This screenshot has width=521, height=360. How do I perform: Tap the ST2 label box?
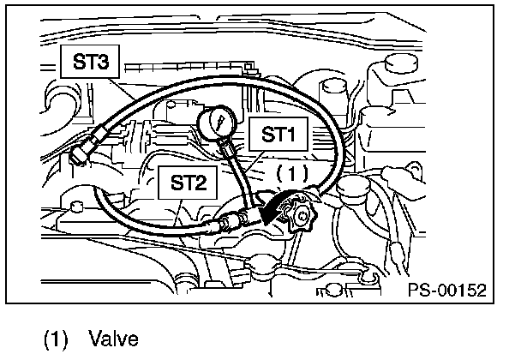click(189, 183)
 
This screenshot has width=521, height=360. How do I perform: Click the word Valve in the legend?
click(113, 339)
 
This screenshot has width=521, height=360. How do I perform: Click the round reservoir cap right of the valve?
click(352, 186)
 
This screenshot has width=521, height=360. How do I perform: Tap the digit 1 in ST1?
click(294, 135)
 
